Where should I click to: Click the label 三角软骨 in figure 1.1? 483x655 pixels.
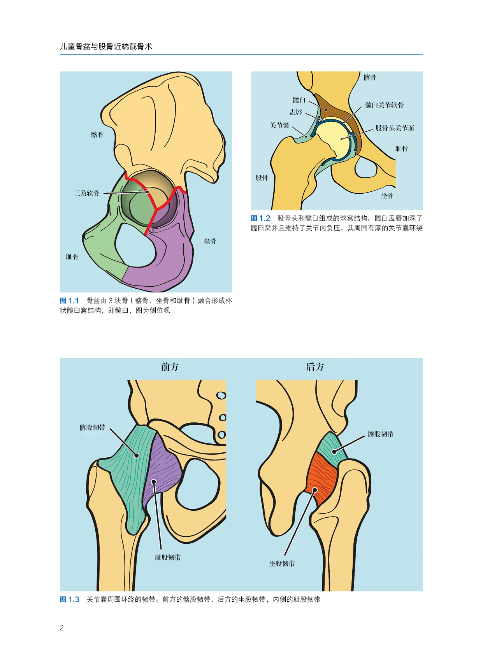point(86,193)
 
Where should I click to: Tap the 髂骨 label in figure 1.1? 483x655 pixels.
point(97,135)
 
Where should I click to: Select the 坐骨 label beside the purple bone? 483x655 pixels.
point(210,241)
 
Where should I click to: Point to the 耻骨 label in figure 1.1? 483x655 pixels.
point(72,257)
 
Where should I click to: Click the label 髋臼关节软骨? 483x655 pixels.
point(384,105)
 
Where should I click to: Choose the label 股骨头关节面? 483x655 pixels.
point(395,128)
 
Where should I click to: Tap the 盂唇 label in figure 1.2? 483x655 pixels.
point(296,112)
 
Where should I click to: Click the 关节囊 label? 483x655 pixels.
point(279,126)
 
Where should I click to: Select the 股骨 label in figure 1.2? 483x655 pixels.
point(262,178)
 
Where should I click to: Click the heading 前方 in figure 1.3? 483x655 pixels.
point(170,367)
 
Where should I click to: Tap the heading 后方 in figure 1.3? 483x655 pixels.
point(315,367)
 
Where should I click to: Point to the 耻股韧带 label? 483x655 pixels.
point(168,557)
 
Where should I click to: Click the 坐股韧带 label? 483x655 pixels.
point(282,564)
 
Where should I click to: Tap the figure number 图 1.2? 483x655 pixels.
point(260,219)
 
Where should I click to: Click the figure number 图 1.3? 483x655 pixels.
point(70,599)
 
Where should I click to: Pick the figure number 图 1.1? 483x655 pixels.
point(69,301)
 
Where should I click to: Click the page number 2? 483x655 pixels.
point(62,628)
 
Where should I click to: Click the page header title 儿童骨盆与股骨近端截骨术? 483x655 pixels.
point(106,47)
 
